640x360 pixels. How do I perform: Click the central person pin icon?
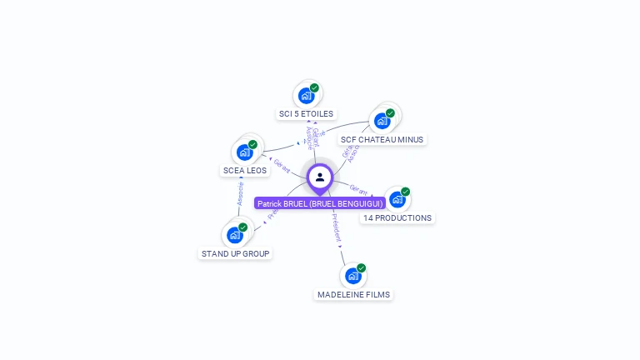pyautogui.click(x=320, y=177)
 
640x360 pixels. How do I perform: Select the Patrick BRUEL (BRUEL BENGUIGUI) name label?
pyautogui.click(x=320, y=203)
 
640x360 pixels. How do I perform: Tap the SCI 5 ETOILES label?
pyautogui.click(x=306, y=113)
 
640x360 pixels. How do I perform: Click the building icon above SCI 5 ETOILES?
pyautogui.click(x=306, y=96)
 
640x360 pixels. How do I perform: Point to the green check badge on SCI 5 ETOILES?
pyautogui.click(x=314, y=87)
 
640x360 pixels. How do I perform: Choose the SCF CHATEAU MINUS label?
pyautogui.click(x=382, y=139)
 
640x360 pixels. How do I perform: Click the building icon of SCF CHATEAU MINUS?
pyautogui.click(x=382, y=121)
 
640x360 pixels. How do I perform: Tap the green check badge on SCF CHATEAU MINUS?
pyautogui.click(x=390, y=112)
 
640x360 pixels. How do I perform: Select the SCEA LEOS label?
pyautogui.click(x=244, y=170)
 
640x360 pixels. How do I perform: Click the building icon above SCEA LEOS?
pyautogui.click(x=244, y=152)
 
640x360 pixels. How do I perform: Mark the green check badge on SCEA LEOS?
pyautogui.click(x=252, y=144)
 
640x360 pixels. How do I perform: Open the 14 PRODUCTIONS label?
pyautogui.click(x=397, y=217)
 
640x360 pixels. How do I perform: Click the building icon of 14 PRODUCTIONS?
pyautogui.click(x=397, y=200)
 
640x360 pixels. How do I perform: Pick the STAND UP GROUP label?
pyautogui.click(x=236, y=253)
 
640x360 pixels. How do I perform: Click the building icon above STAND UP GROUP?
pyautogui.click(x=235, y=235)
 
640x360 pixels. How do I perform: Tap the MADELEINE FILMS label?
pyautogui.click(x=353, y=294)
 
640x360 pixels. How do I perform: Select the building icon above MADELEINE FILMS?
pyautogui.click(x=352, y=275)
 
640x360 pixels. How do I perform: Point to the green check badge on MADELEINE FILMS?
pyautogui.click(x=361, y=267)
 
